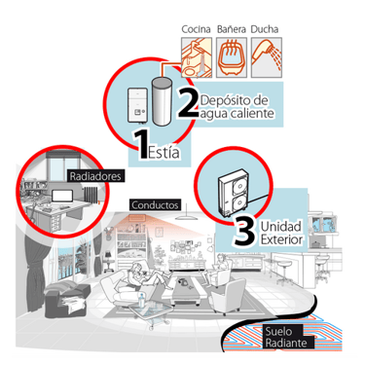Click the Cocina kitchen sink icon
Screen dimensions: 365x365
197,57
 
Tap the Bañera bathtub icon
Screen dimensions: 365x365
232,57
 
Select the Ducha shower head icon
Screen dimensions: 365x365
267,57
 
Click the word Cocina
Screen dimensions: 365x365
196,29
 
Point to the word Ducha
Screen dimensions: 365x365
265,29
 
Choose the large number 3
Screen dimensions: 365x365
244,232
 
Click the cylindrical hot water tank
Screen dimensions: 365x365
162,101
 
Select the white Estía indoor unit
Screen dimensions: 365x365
138,105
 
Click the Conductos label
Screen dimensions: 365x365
155,205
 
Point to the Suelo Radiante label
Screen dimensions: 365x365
286,337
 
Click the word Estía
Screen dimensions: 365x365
164,152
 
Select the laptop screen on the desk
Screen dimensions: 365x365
62,197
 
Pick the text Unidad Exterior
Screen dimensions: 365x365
281,233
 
